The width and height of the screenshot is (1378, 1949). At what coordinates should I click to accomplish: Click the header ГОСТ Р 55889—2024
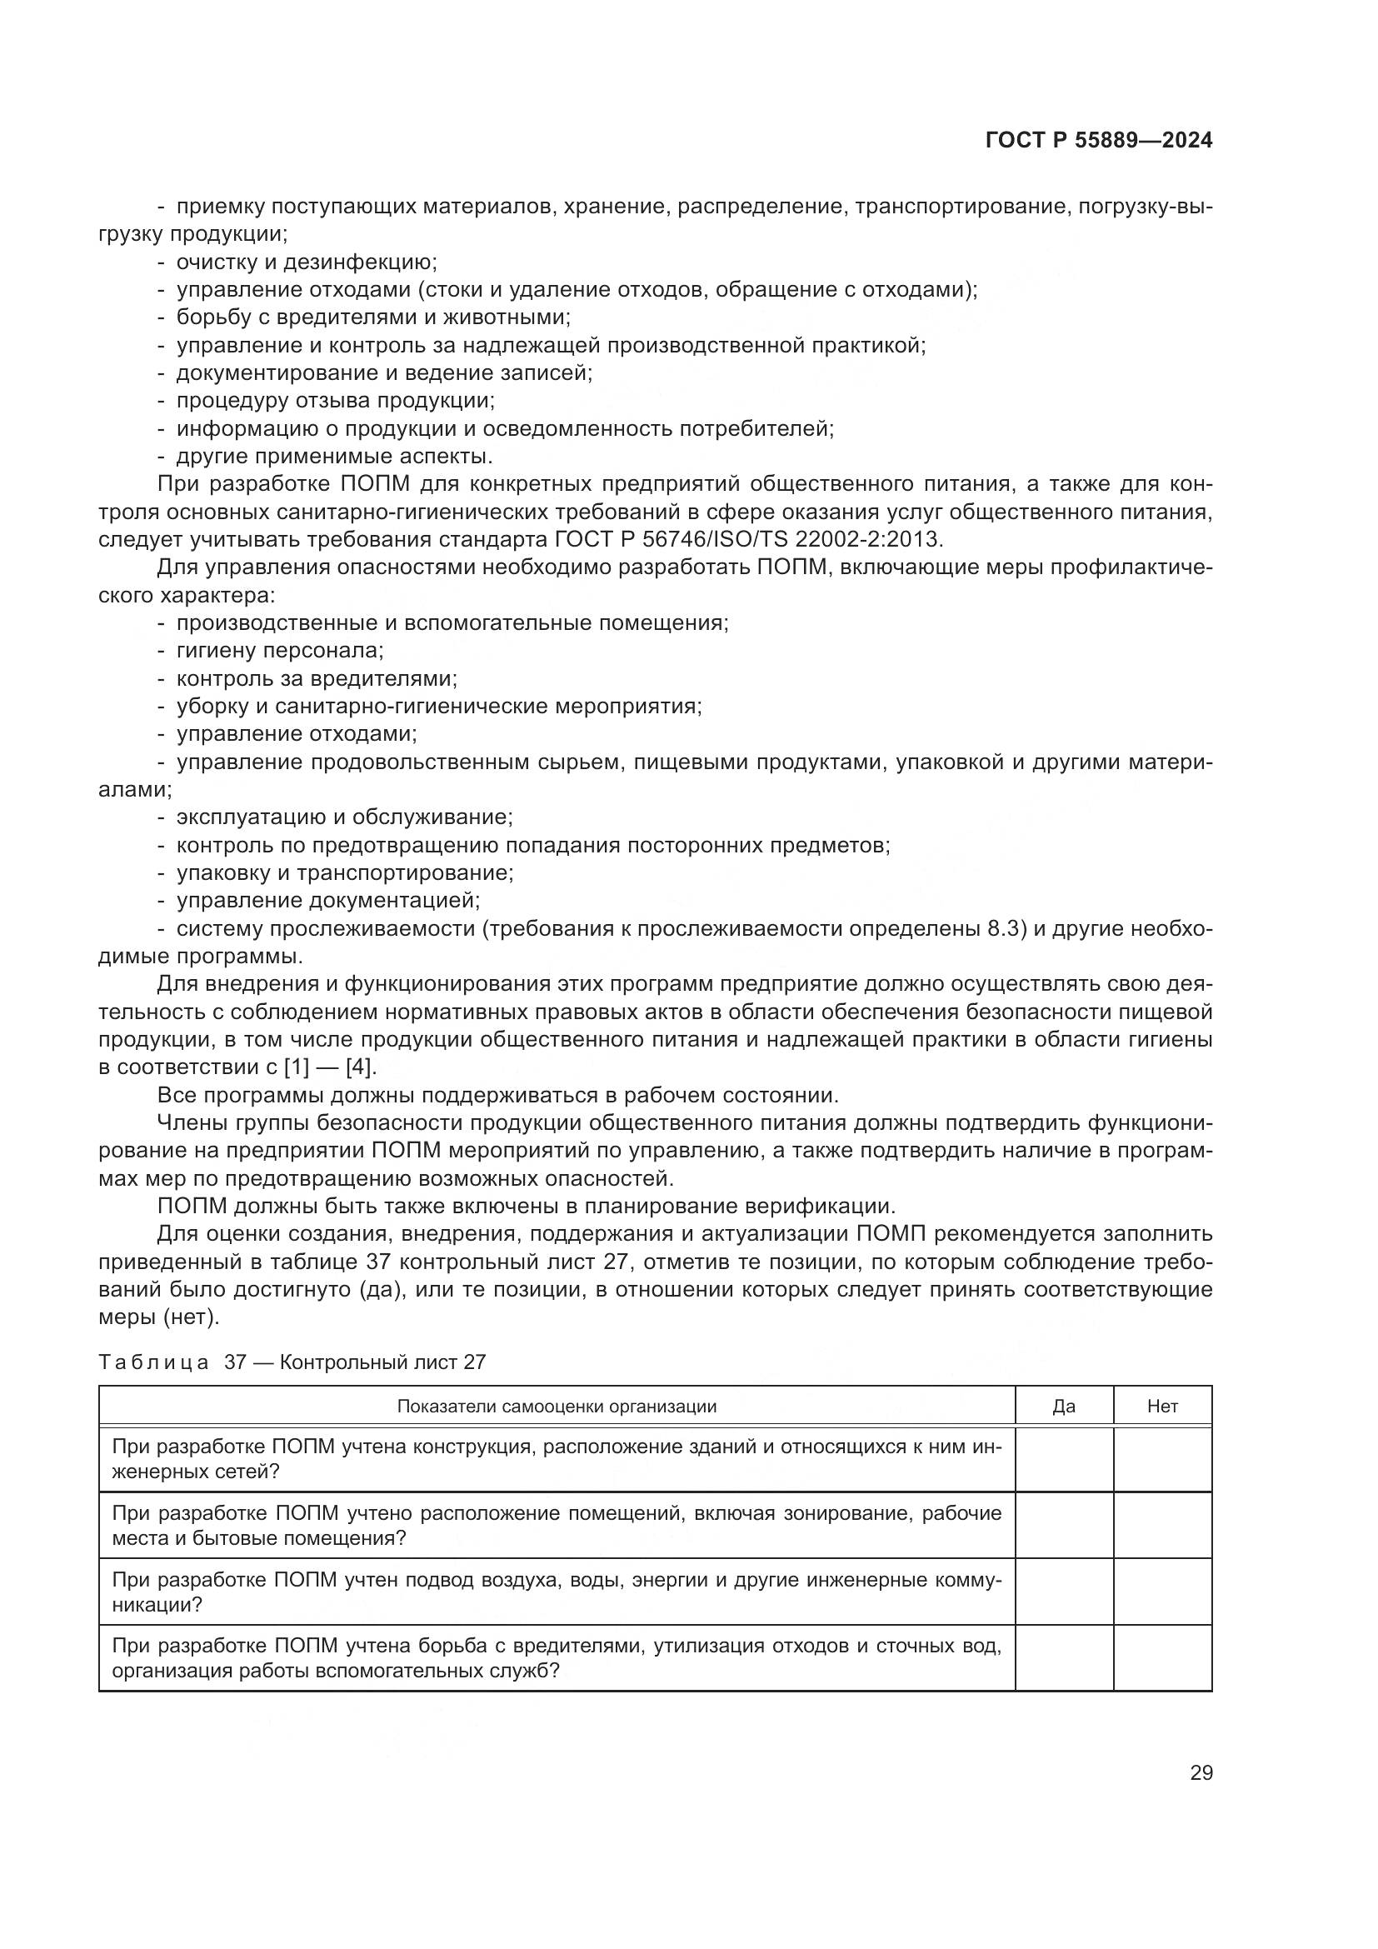[x=1099, y=141]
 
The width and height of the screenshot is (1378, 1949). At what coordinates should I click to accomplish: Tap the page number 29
[x=1201, y=1773]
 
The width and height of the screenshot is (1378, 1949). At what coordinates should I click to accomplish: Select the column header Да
[x=1063, y=1407]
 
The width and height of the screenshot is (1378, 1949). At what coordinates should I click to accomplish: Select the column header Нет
[x=1161, y=1407]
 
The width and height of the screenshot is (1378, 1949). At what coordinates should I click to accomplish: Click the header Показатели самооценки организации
[x=557, y=1407]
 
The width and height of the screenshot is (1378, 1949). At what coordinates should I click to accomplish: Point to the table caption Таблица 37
[x=292, y=1362]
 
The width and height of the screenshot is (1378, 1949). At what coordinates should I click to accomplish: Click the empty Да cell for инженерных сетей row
[x=1063, y=1459]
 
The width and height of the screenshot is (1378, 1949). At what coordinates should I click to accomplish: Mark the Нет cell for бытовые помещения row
[x=1161, y=1526]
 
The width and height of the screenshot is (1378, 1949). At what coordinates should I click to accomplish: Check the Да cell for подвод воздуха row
[x=1063, y=1592]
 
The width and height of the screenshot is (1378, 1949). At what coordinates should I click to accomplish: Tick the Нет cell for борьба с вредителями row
[x=1161, y=1658]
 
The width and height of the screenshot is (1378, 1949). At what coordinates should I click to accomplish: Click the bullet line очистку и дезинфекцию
[x=306, y=262]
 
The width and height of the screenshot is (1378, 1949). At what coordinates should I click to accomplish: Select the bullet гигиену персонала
[x=280, y=651]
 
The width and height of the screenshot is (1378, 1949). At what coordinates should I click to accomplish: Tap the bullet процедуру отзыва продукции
[x=335, y=401]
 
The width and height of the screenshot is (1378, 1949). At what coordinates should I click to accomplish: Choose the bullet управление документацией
[x=327, y=900]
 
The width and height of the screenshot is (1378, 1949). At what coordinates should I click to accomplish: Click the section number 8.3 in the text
[x=1002, y=927]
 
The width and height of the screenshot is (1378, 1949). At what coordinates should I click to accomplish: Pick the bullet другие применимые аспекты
[x=333, y=457]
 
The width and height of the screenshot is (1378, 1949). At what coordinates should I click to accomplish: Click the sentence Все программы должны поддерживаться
[x=497, y=1095]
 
